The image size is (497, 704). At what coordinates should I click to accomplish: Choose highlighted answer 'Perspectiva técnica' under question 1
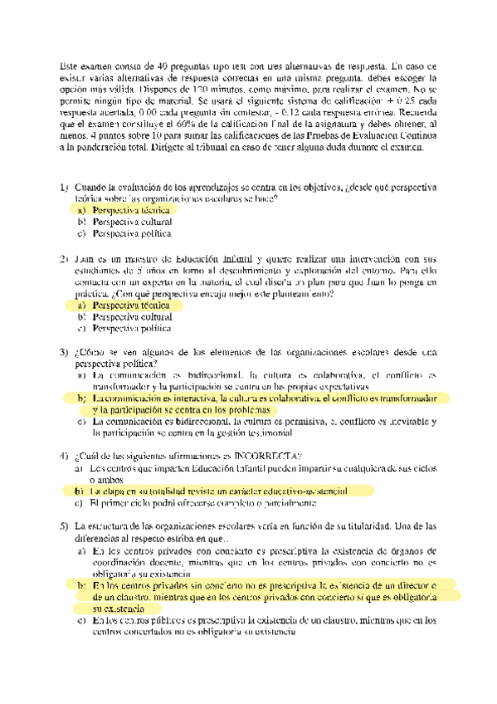pos(131,211)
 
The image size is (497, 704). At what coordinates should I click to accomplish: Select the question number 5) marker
pos(64,526)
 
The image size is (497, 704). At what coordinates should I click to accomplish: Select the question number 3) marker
pos(64,353)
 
